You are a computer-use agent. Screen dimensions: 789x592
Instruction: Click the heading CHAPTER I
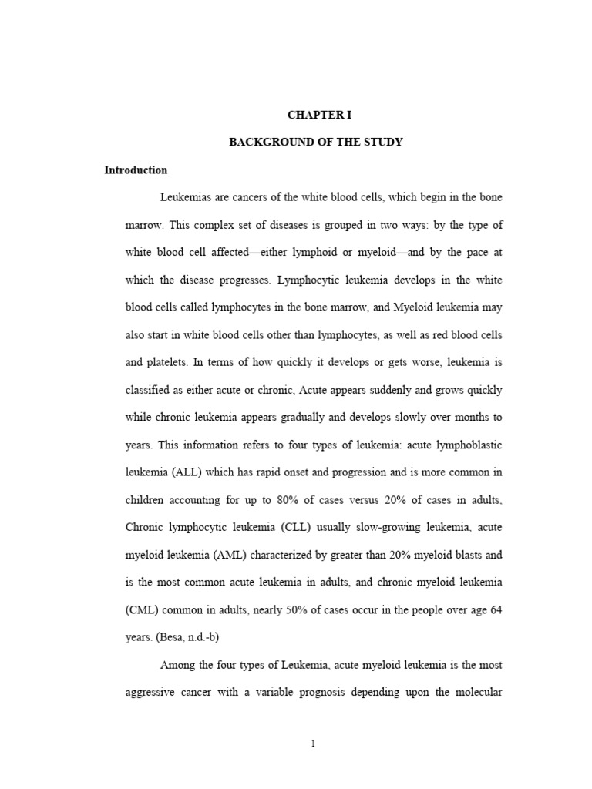tap(319, 115)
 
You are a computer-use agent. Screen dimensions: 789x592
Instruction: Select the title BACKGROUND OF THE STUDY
tap(316, 143)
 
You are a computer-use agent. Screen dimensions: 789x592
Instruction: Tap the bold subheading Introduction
tap(136, 170)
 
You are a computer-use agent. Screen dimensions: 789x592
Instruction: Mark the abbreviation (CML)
tap(143, 609)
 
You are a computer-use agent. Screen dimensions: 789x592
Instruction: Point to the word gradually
tap(304, 418)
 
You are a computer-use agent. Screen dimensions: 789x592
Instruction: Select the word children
tap(146, 500)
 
